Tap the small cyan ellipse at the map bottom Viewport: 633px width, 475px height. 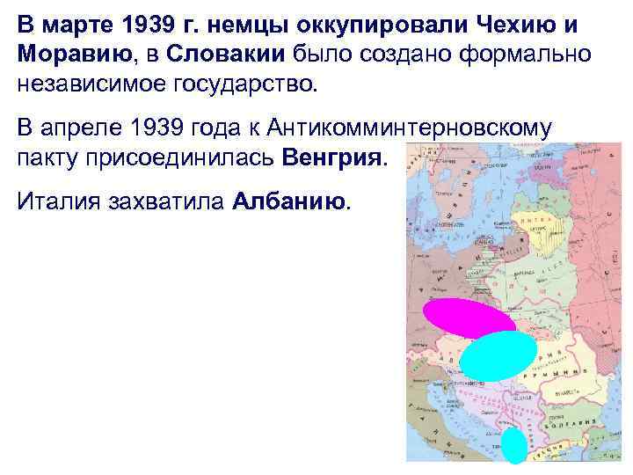pyautogui.click(x=514, y=446)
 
